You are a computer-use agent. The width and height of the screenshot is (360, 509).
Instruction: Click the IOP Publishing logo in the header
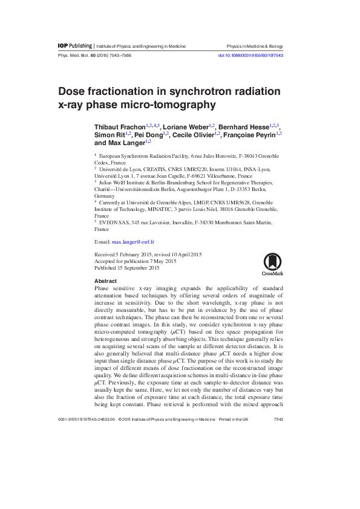(x=74, y=46)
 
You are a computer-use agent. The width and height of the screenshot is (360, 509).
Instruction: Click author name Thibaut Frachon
(x=120, y=126)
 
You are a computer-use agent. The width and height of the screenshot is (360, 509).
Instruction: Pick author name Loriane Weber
(x=185, y=126)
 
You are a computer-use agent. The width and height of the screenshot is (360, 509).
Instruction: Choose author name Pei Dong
(x=148, y=135)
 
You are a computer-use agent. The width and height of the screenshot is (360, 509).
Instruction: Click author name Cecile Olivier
(x=194, y=135)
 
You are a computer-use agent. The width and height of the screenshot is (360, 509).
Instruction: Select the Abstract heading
(x=105, y=282)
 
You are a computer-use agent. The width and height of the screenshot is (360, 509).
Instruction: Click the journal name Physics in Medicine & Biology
(x=254, y=46)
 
